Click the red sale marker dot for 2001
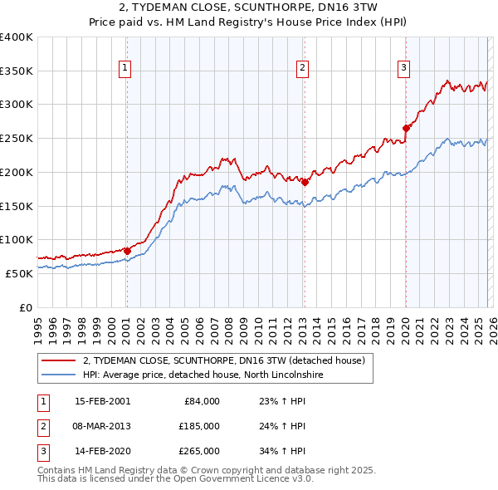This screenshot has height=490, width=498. click(x=127, y=250)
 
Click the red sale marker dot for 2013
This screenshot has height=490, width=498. click(x=304, y=182)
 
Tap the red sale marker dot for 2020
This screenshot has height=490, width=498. click(x=406, y=128)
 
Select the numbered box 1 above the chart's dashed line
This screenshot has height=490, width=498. click(x=125, y=68)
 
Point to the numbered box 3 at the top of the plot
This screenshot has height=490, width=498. click(x=403, y=68)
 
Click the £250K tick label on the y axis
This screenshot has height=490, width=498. click(x=17, y=138)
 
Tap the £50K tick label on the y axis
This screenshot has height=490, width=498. click(x=20, y=273)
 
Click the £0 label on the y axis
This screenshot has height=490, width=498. click(x=26, y=307)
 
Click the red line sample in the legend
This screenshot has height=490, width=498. click(x=58, y=361)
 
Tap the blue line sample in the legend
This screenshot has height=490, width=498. click(x=58, y=375)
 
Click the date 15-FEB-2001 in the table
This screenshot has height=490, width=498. click(x=102, y=401)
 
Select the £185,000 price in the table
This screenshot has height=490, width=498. click(x=199, y=426)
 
